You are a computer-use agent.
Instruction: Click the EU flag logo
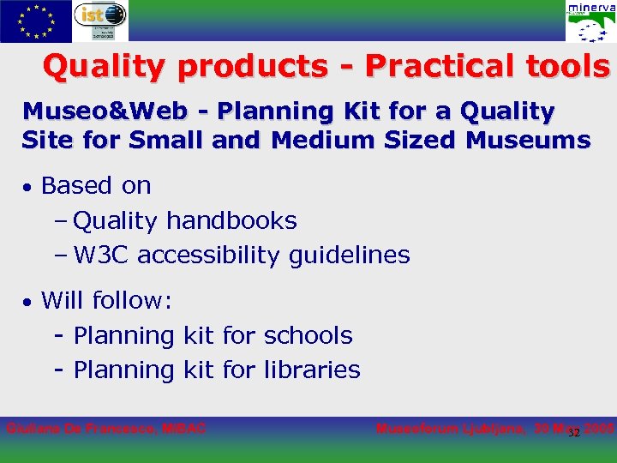pyautogui.click(x=35, y=21)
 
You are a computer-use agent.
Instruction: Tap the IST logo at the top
pyautogui.click(x=100, y=21)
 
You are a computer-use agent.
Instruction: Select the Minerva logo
pyautogui.click(x=590, y=21)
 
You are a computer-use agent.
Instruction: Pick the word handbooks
pyautogui.click(x=231, y=220)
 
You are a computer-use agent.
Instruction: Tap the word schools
pyautogui.click(x=308, y=335)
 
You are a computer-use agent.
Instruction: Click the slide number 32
pyautogui.click(x=574, y=432)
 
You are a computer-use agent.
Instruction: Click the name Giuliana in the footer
pyautogui.click(x=33, y=428)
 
